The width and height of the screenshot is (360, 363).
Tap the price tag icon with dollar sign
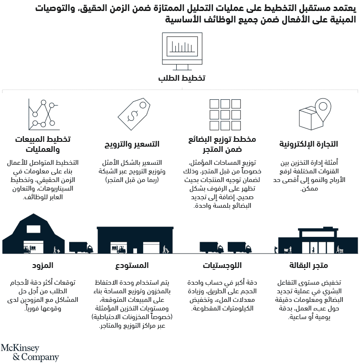pyautogui.click(x=135, y=114)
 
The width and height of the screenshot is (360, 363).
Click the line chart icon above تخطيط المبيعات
pyautogui.click(x=44, y=113)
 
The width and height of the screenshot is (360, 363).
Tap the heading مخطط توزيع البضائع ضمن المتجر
pyautogui.click(x=223, y=144)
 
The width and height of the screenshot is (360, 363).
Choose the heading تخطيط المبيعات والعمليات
pyautogui.click(x=43, y=144)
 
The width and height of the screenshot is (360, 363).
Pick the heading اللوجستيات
pyautogui.click(x=222, y=266)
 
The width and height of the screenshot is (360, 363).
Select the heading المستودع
pyautogui.click(x=132, y=266)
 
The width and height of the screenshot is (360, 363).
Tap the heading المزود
pyautogui.click(x=43, y=266)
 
